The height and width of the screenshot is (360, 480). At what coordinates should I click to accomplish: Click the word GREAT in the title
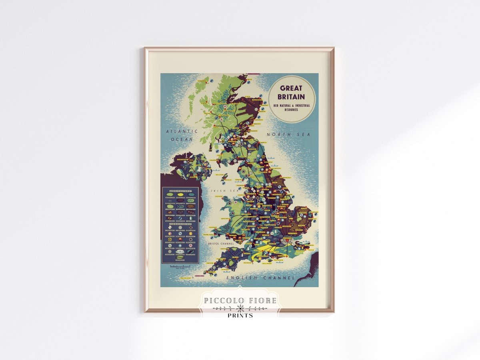[x=291, y=88]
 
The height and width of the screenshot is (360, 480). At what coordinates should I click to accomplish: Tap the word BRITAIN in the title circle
[x=291, y=96]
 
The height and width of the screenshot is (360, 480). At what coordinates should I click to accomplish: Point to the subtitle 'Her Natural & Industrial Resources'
[x=291, y=107]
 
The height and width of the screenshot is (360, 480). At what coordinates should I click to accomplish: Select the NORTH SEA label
[x=288, y=135]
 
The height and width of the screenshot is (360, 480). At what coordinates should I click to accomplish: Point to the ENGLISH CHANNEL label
[x=260, y=278]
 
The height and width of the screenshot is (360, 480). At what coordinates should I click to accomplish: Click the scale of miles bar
[x=179, y=266]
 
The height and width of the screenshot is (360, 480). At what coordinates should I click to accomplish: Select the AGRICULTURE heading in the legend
[x=180, y=192]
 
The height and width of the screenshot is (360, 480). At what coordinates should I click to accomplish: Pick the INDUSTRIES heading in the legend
[x=180, y=224]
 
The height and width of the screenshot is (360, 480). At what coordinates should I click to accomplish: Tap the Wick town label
[x=250, y=80]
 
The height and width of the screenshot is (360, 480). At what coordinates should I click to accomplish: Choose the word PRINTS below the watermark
[x=240, y=315]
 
